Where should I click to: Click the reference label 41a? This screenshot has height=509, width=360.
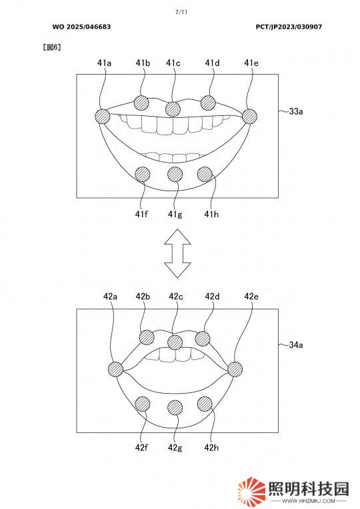pos(104,63)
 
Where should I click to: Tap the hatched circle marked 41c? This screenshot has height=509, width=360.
pos(173,109)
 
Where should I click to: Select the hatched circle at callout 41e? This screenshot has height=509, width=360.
pos(249,116)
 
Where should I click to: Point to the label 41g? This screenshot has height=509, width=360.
pos(175,215)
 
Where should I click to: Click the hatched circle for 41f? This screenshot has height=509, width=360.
pos(142,175)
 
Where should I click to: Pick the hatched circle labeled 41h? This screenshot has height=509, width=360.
pos(205,175)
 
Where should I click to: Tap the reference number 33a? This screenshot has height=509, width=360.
pos(296,111)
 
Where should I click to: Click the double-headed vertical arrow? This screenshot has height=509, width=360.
pos(177,253)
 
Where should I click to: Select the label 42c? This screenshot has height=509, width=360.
pos(176,296)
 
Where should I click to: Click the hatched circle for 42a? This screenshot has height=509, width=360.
pos(115,369)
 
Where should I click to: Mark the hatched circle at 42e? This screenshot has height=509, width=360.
pos(235,369)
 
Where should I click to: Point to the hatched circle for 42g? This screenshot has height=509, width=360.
pos(175,408)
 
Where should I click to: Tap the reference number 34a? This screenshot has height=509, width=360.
pos(296,344)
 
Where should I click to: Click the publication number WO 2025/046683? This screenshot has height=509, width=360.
pos(81,27)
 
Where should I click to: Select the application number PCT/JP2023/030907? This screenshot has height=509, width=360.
pos(289,27)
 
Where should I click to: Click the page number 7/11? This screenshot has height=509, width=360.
pos(181,13)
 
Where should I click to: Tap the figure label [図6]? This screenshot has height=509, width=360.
pos(52,47)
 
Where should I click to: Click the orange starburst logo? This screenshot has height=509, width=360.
pos(251,491)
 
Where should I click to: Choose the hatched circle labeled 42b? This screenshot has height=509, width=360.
pos(147,338)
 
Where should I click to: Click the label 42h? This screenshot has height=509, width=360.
pos(211,447)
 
